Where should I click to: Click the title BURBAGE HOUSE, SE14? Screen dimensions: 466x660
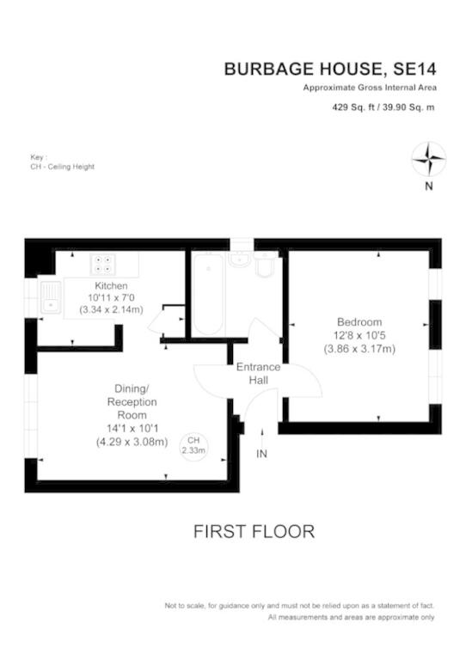point(330,69)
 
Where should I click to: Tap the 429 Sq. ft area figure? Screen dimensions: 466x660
point(353,107)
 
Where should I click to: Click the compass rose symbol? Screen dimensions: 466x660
point(428,159)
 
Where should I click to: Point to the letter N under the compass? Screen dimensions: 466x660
point(428,186)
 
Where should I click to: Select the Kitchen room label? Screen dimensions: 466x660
point(111,285)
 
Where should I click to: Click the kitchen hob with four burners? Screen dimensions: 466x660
point(102,264)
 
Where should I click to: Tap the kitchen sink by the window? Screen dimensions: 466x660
point(51,296)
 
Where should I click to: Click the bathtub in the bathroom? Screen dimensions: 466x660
point(208,294)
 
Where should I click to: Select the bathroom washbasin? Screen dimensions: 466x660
point(241,259)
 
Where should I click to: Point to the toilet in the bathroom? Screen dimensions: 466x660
point(266,265)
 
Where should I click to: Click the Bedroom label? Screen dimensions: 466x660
point(359,322)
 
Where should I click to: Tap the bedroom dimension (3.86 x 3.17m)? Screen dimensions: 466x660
point(359,349)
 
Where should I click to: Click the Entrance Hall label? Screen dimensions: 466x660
point(258,373)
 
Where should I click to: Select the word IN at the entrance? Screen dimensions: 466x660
point(262,454)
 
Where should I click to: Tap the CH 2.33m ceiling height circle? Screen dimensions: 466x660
point(193,446)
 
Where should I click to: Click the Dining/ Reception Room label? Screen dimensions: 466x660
point(132,401)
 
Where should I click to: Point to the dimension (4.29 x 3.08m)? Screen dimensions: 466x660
point(132,442)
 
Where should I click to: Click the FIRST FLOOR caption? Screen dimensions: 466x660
point(254,532)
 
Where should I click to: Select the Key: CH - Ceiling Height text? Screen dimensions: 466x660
point(62,162)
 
